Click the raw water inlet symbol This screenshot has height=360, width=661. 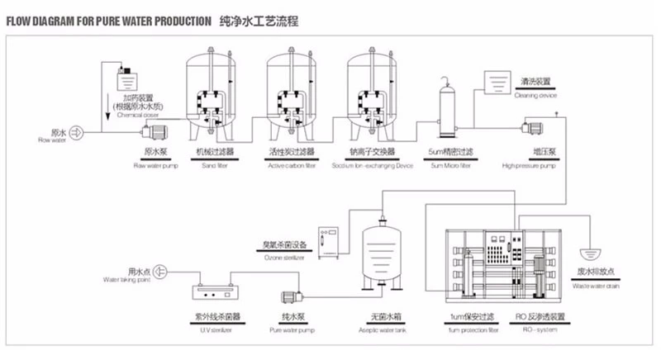[x=73, y=132]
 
